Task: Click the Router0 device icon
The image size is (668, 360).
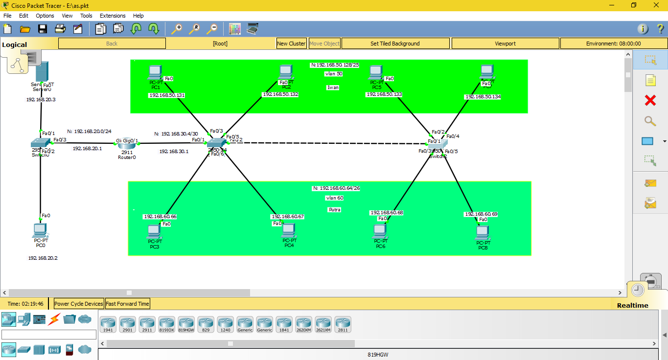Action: coord(127,145)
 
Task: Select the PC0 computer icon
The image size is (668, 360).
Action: coord(40,230)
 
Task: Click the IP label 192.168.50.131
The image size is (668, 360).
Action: coord(167,95)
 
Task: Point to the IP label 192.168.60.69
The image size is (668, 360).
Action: coord(481,214)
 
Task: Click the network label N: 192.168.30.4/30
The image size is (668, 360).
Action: coord(176,134)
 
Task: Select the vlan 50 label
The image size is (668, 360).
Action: coord(333,74)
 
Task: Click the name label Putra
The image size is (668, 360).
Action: coord(334,209)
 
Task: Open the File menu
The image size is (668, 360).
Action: coord(7,16)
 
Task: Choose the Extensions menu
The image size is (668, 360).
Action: coord(113,16)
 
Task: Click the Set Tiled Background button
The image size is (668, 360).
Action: coord(395,44)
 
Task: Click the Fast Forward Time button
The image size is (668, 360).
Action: coord(127,304)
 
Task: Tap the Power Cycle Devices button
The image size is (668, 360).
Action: coord(79,304)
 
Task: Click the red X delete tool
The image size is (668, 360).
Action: coord(650,101)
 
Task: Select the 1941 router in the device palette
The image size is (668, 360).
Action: coord(108,324)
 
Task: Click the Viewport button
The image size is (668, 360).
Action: coord(505,44)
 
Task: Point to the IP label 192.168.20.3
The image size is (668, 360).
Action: coord(41,99)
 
